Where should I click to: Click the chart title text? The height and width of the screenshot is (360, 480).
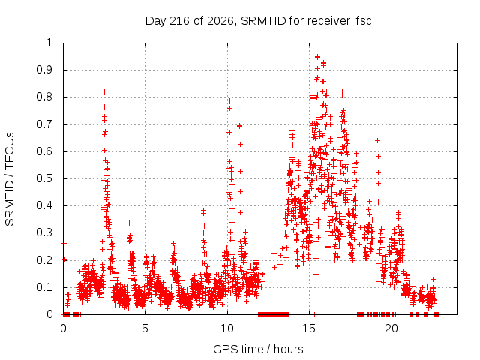258,21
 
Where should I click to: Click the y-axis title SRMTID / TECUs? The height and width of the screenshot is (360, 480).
10,179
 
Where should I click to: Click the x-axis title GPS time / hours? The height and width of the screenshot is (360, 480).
258,349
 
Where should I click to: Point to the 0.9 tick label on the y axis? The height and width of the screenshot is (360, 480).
45,70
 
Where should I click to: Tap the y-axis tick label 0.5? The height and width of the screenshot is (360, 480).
45,178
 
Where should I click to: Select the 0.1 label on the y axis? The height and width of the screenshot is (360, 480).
45,287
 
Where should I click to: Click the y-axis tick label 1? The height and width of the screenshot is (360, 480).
49,43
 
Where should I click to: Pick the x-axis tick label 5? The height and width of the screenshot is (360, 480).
145,328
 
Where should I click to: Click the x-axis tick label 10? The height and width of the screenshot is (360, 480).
227,328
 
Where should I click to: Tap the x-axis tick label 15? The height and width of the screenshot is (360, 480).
309,328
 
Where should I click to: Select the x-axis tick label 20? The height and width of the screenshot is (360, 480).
391,328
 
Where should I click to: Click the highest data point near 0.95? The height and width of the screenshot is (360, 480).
318,57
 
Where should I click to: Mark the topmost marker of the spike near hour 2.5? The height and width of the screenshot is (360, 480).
105,91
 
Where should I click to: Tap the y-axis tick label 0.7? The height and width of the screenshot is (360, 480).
45,124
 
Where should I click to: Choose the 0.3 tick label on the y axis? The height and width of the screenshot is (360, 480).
45,232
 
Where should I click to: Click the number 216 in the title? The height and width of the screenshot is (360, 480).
180,21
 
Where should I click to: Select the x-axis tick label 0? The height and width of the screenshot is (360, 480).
63,328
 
